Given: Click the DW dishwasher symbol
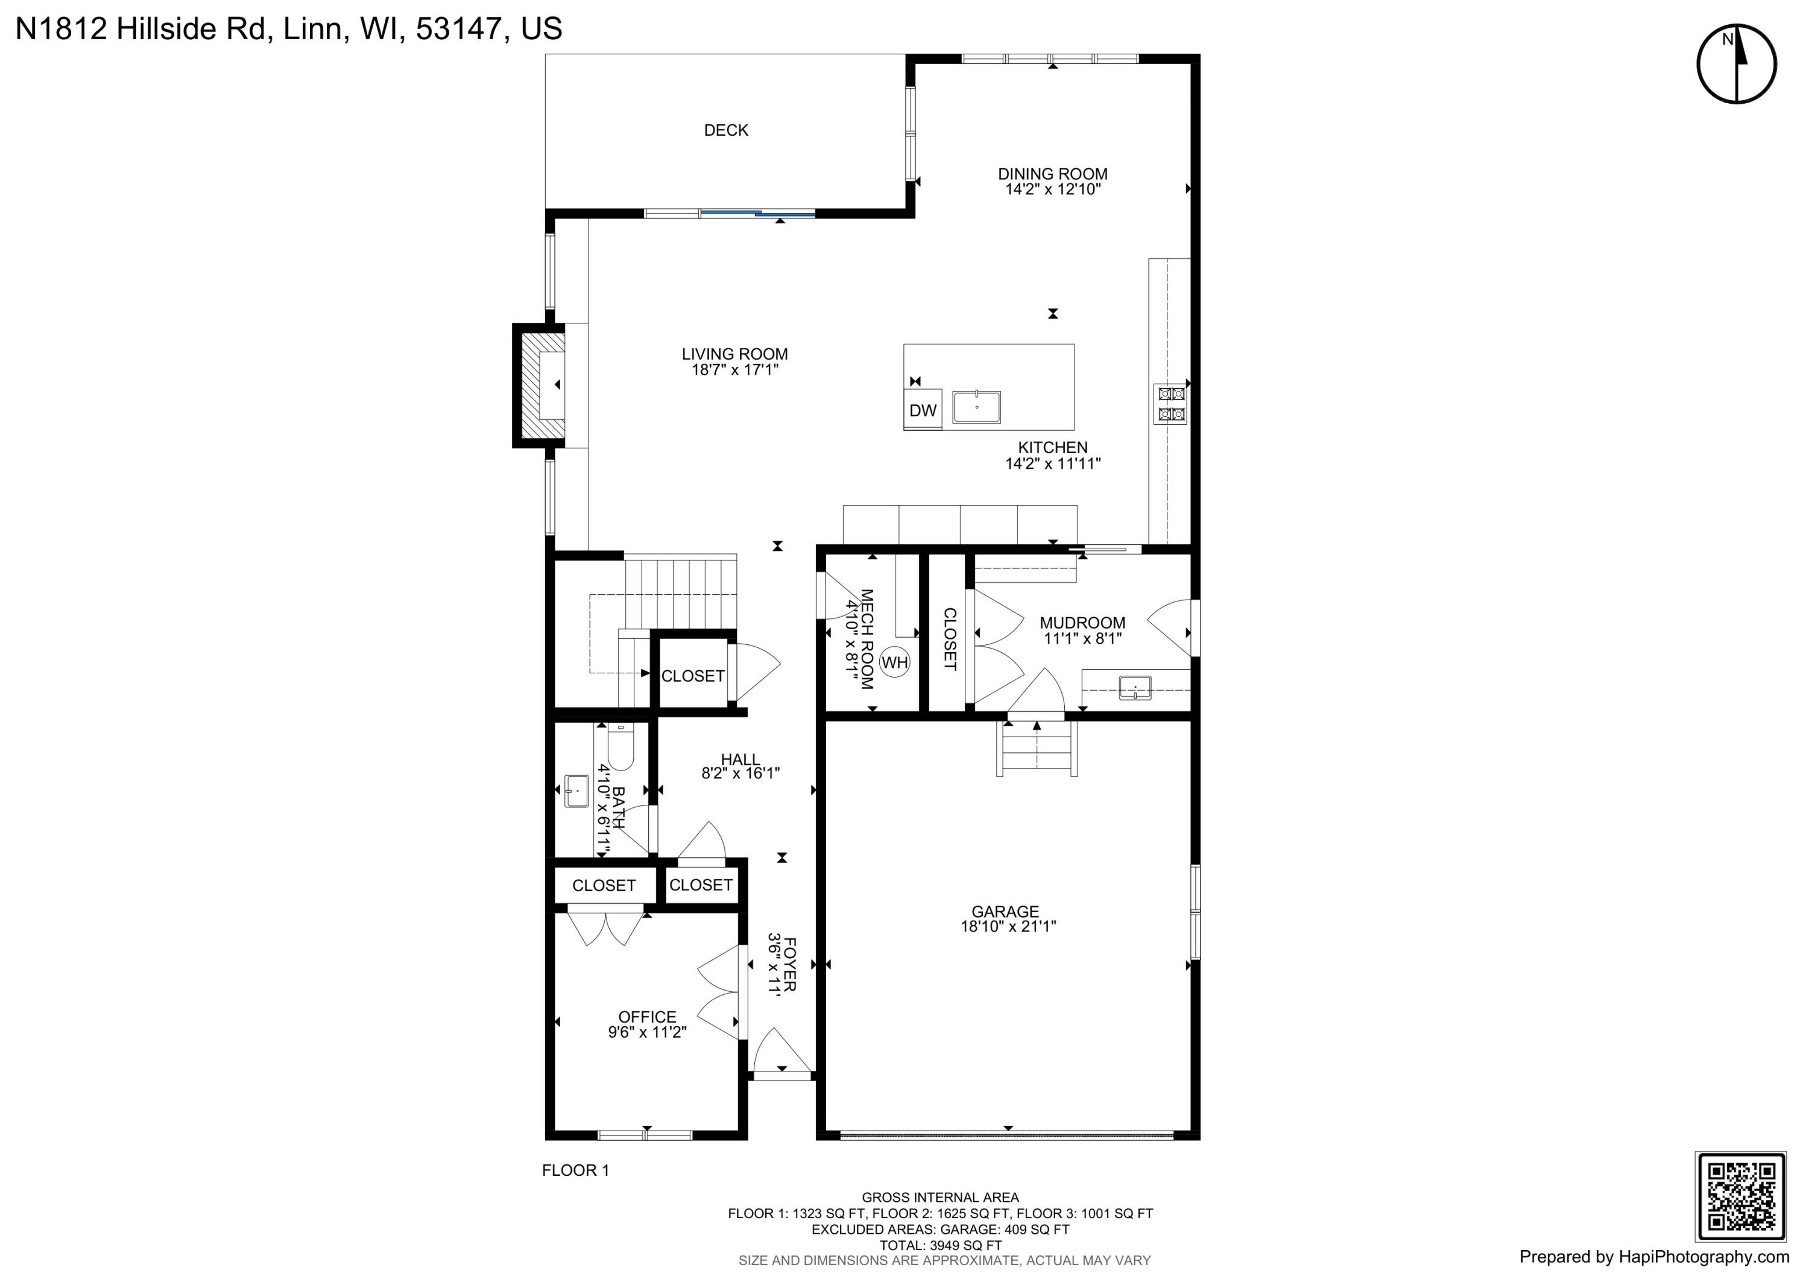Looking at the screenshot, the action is point(923,409).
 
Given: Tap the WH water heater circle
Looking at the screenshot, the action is point(894,662).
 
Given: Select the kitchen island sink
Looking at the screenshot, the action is point(976,407).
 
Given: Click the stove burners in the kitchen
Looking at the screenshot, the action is point(1171,404).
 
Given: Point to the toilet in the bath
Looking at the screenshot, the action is point(621,746).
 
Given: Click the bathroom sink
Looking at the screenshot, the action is point(576,791).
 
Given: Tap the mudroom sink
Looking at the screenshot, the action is point(1135,687).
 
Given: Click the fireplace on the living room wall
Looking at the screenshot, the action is point(539,386).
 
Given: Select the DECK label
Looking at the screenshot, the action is point(725,130).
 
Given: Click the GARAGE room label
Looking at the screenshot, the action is point(1005,911).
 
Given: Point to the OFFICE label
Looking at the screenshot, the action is point(647,1017).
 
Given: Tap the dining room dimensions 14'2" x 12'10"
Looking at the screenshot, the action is point(1053,189).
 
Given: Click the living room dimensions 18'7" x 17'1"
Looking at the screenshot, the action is point(735,370).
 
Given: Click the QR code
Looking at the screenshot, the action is point(1740,1196).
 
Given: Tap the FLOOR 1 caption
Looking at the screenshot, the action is point(575,1170).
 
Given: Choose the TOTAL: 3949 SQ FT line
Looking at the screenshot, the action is point(941,1245).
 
